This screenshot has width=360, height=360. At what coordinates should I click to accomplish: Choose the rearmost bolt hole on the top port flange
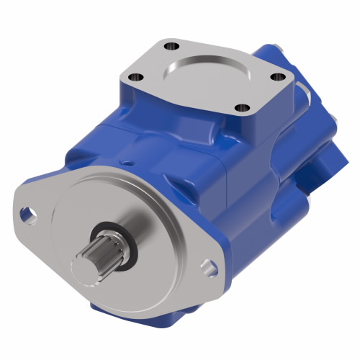172,48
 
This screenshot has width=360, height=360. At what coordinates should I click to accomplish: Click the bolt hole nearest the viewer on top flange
243,108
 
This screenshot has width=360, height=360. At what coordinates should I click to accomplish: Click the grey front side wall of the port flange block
194,108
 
